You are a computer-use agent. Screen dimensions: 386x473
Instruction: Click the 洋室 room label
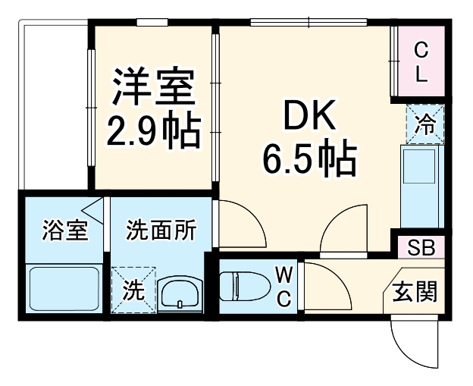point(155,88)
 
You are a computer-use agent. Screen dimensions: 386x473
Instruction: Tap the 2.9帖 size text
point(153,130)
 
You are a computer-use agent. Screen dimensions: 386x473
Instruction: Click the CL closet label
point(421,62)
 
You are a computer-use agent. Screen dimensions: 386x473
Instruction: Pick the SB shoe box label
point(421,247)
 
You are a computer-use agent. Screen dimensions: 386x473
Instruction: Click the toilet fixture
point(241,287)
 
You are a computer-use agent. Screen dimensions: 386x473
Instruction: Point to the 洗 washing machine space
point(133,289)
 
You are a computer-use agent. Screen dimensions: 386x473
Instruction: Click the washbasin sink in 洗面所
point(180,292)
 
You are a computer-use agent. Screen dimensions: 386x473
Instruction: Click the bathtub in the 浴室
point(64,288)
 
